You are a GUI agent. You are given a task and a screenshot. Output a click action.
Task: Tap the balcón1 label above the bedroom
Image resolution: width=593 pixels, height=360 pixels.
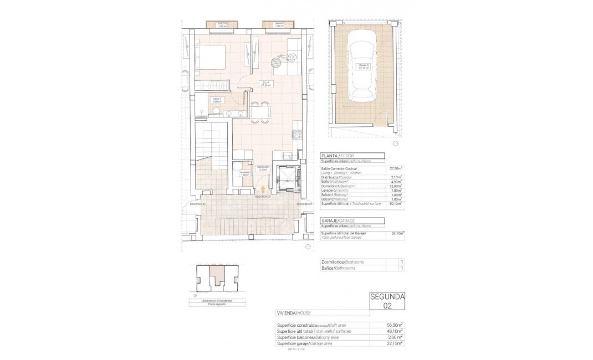point(222,24)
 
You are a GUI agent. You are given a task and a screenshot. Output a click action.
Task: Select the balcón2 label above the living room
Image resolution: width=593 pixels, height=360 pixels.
point(278,24)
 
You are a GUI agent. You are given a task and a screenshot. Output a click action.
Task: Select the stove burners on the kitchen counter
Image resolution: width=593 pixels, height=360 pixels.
point(298,134)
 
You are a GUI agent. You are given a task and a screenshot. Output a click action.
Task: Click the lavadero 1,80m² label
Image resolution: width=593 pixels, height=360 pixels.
point(244,173)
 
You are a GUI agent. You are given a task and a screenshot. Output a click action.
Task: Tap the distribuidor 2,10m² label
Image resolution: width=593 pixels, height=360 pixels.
point(263,168)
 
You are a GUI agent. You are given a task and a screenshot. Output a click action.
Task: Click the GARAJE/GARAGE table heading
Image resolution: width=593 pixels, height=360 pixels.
point(339,220)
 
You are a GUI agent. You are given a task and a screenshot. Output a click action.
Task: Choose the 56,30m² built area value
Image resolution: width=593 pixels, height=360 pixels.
point(396,325)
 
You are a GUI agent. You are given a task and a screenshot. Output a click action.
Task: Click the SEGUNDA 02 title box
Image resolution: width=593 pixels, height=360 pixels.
point(387,301)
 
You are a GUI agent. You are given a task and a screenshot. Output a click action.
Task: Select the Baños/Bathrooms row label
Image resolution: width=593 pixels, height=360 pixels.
point(339,268)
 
